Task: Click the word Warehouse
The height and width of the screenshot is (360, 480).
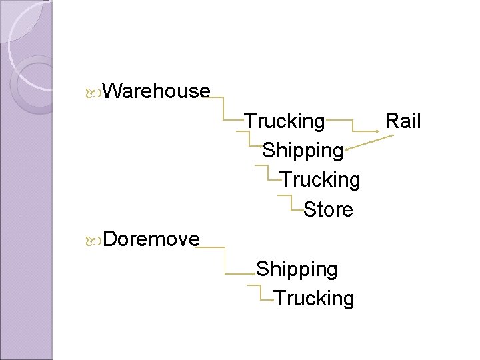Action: tap(157, 91)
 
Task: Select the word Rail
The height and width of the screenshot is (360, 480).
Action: tap(403, 121)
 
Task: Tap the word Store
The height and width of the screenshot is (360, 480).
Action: tap(328, 209)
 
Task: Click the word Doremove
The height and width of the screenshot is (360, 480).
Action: tap(151, 239)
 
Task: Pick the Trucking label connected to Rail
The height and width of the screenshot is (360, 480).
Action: tap(285, 121)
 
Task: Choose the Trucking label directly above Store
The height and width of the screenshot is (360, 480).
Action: tap(320, 180)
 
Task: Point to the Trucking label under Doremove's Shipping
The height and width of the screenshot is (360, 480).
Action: tap(314, 298)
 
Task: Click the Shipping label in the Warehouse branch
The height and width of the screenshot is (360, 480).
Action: tap(303, 150)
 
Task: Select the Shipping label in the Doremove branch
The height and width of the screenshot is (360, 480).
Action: tap(297, 269)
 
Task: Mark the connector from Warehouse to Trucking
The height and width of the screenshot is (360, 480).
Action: tap(223, 107)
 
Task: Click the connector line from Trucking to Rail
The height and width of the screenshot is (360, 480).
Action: tap(353, 124)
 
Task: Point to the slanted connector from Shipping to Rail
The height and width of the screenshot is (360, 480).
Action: tap(363, 141)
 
